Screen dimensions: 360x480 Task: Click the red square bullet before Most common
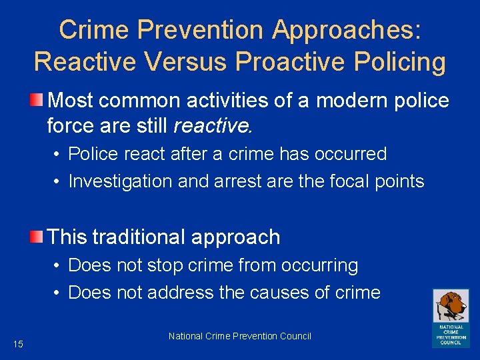point(38,101)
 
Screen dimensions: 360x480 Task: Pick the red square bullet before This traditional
point(38,237)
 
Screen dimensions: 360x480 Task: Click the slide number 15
point(18,344)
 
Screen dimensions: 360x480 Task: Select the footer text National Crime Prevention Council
point(240,336)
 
